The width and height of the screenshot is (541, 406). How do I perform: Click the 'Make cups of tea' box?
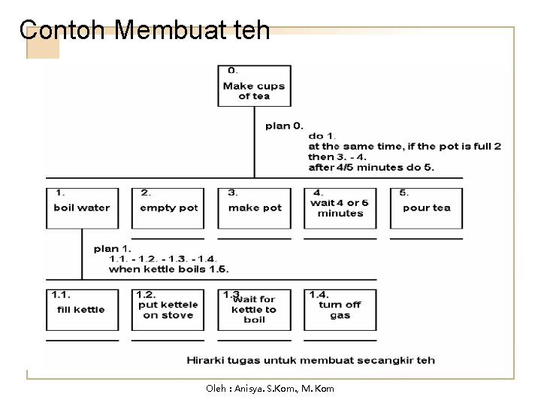pyautogui.click(x=254, y=86)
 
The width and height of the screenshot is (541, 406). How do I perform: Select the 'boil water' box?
pyautogui.click(x=82, y=208)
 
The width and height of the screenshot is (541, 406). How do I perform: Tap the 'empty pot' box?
pyautogui.click(x=168, y=208)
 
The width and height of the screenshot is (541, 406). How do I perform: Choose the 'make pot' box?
pyautogui.click(x=254, y=208)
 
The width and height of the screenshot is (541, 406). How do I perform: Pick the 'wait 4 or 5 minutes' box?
pyautogui.click(x=340, y=208)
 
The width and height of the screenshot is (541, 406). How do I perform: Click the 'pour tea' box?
pyautogui.click(x=426, y=208)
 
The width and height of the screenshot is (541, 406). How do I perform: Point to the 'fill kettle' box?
pyautogui.click(x=82, y=309)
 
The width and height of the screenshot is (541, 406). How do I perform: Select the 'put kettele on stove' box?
pyautogui.click(x=168, y=309)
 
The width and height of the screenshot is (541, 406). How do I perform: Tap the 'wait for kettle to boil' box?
pyautogui.click(x=254, y=309)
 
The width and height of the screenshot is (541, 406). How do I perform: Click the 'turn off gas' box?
pyautogui.click(x=340, y=309)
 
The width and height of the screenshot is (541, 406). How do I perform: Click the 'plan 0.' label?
pyautogui.click(x=284, y=126)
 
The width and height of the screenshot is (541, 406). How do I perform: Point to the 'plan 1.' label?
pyautogui.click(x=112, y=248)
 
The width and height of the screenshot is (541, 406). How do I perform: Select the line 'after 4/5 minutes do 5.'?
pyautogui.click(x=370, y=167)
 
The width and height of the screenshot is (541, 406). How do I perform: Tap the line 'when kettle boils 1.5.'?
pyautogui.click(x=168, y=268)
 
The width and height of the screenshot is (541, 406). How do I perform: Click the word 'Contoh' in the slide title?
pyautogui.click(x=65, y=30)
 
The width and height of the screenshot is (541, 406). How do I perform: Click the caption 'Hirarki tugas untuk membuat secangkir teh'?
pyautogui.click(x=310, y=360)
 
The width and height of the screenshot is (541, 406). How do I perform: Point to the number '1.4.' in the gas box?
pyautogui.click(x=319, y=294)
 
